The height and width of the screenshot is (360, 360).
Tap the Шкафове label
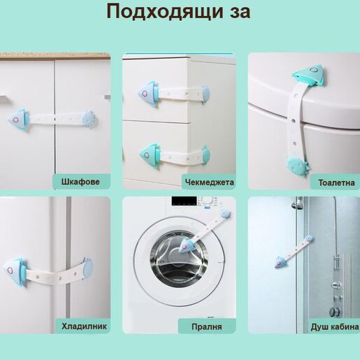pos(80,182)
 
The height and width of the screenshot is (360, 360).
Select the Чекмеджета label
pos(210,182)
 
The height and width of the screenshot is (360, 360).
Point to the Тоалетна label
pos(336,182)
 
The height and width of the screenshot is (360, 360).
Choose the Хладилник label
pos(84,326)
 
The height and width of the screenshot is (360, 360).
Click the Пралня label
pos(207,327)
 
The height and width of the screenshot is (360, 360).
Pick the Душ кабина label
pos(335,327)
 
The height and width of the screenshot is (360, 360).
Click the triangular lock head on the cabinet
pos(19,120)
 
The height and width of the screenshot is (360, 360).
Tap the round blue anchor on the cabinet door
pos(89,119)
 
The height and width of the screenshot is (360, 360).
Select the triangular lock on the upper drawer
pos(149,94)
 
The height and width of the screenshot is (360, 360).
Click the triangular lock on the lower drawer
pos(150,154)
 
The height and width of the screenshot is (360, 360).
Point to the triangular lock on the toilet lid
pos(308,75)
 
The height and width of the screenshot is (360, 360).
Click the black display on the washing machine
pos(184,201)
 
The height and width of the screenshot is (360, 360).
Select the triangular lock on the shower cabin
pos(281,261)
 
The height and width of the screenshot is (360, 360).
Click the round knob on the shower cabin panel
pos(335,312)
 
